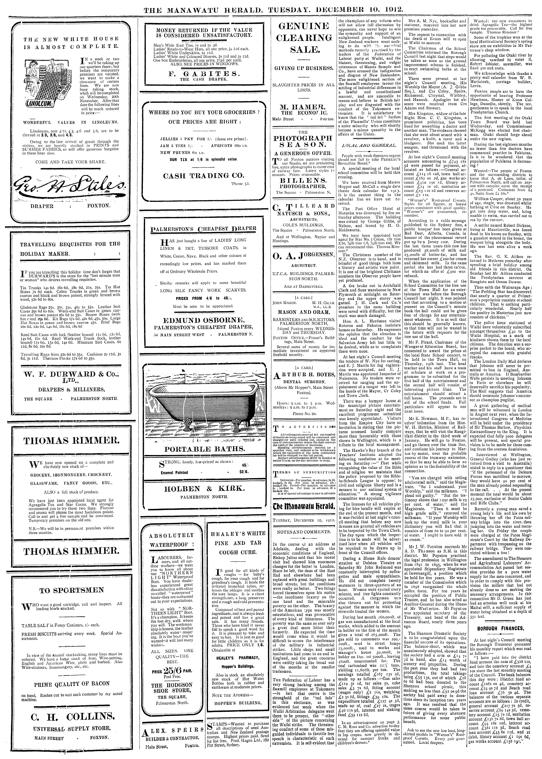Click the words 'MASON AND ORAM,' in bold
[304, 313]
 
